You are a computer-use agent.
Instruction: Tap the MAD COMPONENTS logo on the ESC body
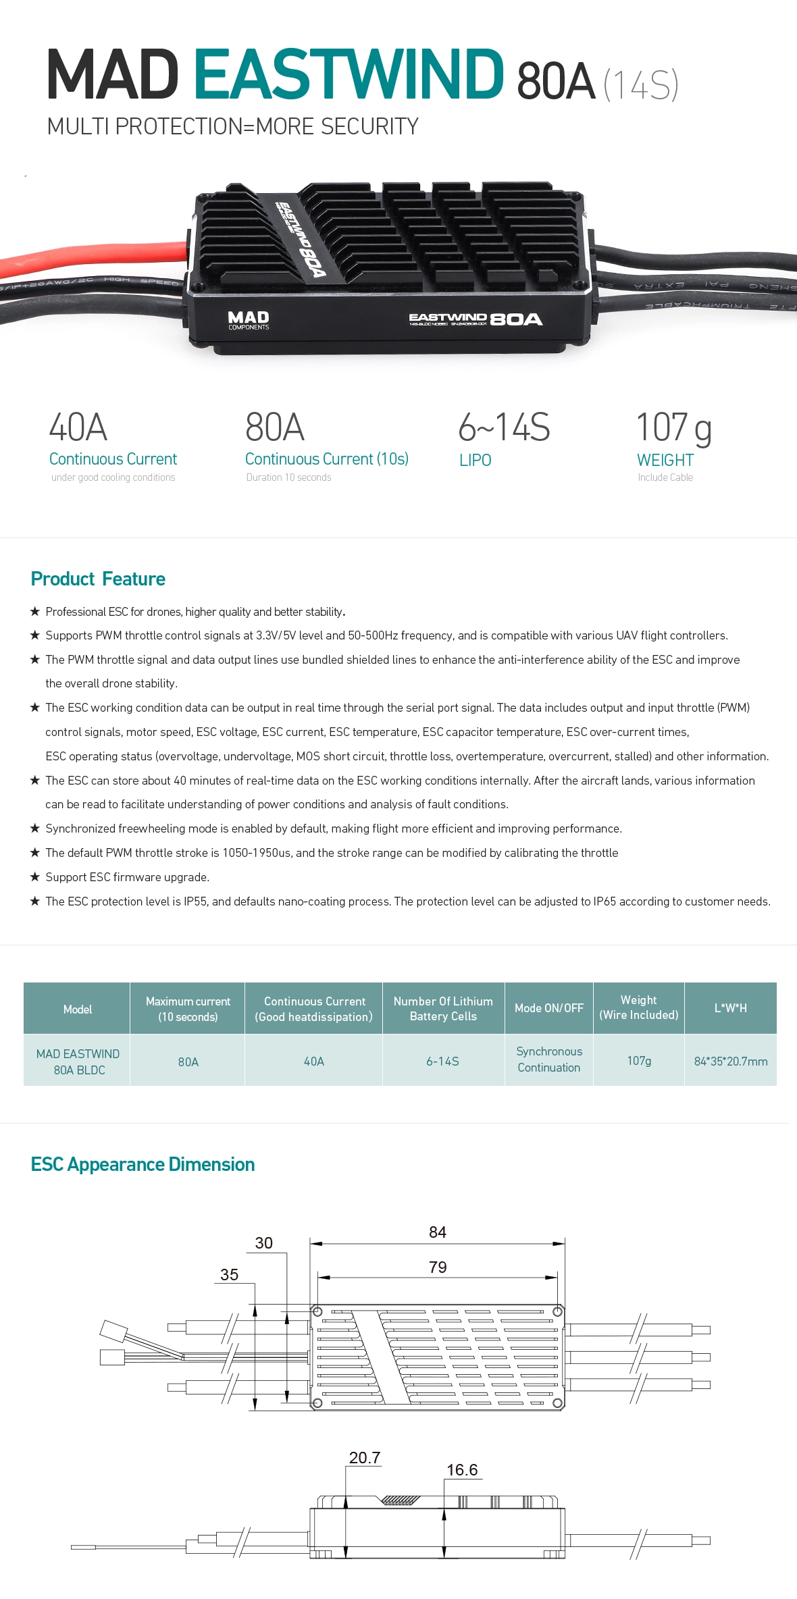248,320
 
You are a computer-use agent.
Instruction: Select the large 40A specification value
78,427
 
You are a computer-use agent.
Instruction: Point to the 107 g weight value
673,428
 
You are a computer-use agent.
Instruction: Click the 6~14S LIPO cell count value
504,427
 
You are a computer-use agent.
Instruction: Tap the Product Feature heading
98,579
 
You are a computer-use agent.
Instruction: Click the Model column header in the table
77,1009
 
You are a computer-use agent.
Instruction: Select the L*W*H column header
730,1007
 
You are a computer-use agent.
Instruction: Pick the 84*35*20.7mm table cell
730,1061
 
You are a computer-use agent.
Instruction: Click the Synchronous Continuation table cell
548,1059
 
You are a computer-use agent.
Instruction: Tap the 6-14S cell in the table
442,1061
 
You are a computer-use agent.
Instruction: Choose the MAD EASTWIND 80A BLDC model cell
78,1061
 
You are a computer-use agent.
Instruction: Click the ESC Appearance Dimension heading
143,1164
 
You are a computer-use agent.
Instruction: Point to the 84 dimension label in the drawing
438,1232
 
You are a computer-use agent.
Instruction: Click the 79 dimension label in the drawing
438,1267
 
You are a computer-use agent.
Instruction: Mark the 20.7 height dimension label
365,1458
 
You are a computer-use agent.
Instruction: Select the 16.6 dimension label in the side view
462,1470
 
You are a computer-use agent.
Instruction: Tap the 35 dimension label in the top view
229,1275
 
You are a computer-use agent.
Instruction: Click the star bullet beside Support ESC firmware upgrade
35,876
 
